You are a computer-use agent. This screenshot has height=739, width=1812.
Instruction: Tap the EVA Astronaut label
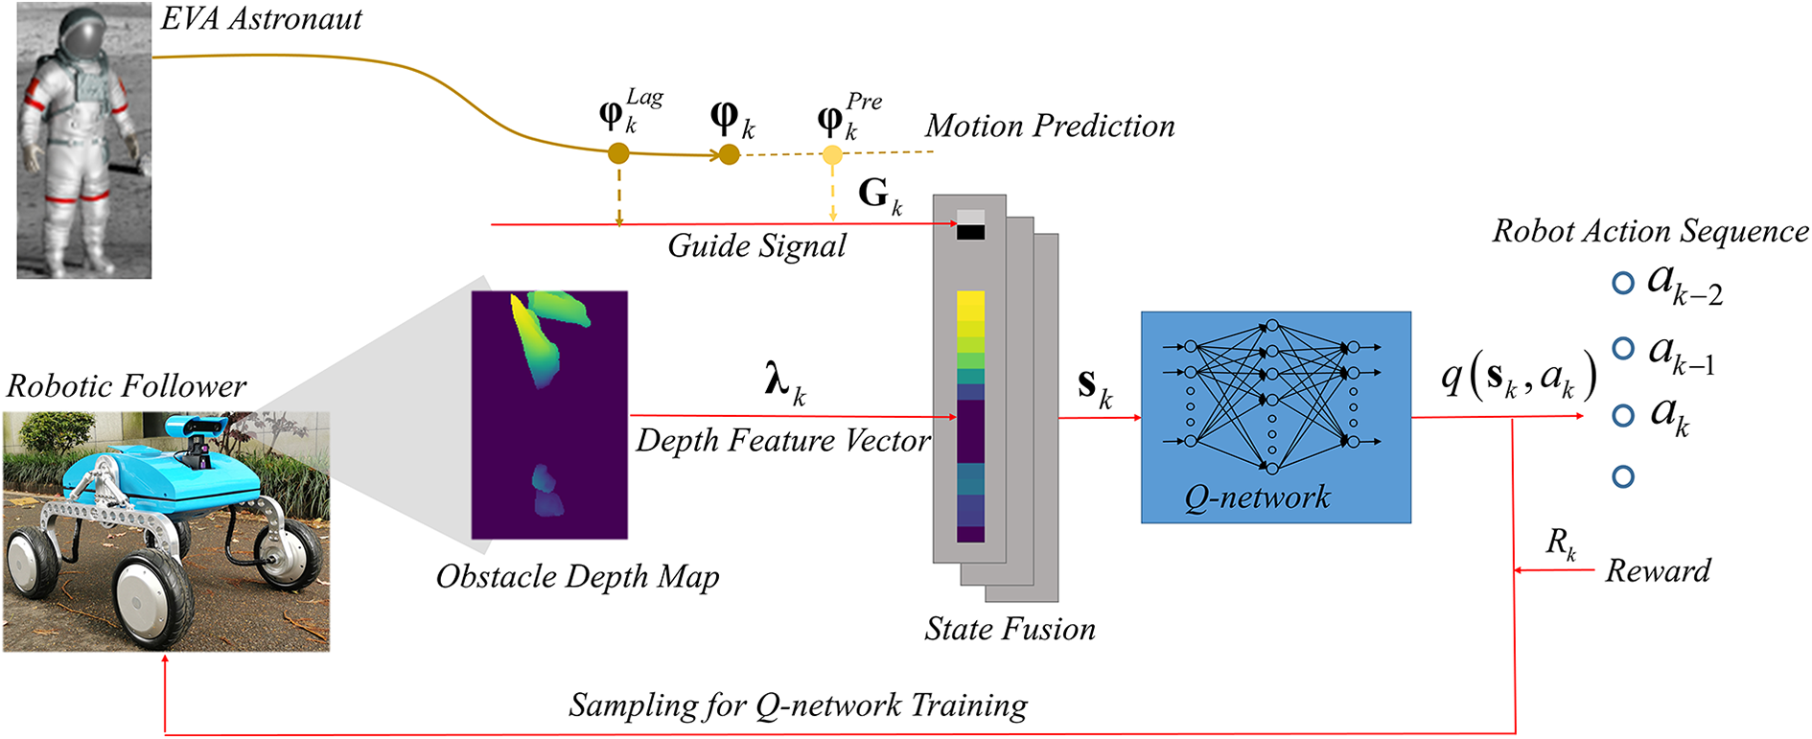coord(261,19)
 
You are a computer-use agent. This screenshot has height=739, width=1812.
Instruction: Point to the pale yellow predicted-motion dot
coord(832,155)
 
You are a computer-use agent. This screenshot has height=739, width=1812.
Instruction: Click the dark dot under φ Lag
coord(618,153)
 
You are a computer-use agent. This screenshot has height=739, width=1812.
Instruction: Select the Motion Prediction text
coord(1050,126)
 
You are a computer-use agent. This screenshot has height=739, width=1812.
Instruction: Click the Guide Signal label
coord(756,246)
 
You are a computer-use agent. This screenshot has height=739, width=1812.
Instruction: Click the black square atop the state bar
coord(970,232)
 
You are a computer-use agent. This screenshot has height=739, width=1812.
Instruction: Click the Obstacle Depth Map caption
coord(577,577)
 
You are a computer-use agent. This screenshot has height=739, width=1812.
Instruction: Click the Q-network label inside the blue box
coord(1257,497)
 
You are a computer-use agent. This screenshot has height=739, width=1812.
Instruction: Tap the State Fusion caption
coord(1010,630)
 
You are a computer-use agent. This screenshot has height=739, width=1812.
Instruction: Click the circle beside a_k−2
coord(1622,284)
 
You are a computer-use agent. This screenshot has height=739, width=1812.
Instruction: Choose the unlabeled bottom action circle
coord(1622,476)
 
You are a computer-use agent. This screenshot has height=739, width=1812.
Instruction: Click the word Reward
coord(1658,571)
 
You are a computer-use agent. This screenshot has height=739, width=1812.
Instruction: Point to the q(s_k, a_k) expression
coord(1519,377)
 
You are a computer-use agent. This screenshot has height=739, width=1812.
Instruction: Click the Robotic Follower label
coord(127,386)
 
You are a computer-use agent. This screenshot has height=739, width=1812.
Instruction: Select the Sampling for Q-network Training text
coord(798,705)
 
